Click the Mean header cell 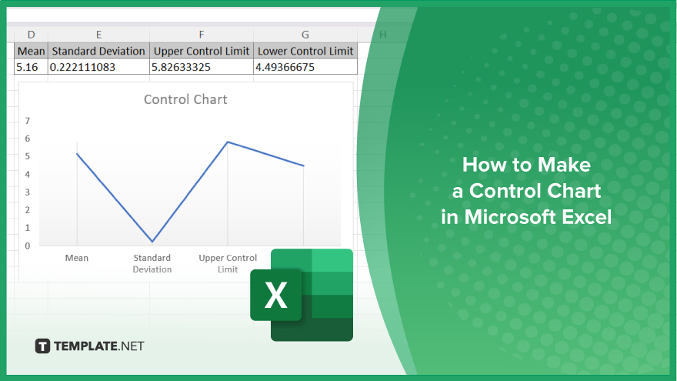[31, 51]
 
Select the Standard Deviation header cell [98, 51]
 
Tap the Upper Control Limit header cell [202, 51]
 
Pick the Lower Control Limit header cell [305, 51]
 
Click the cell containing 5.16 [31, 67]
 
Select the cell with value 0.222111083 [98, 67]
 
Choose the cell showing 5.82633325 [202, 67]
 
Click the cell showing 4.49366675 [305, 67]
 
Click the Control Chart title [185, 99]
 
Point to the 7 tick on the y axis [28, 121]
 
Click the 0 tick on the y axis [28, 246]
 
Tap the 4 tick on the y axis [28, 175]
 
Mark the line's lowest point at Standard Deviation [152, 242]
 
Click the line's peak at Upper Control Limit [228, 142]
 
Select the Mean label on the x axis [77, 258]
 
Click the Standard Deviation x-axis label [152, 263]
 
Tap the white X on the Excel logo [275, 296]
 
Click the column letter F [202, 35]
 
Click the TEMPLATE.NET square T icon [42, 346]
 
